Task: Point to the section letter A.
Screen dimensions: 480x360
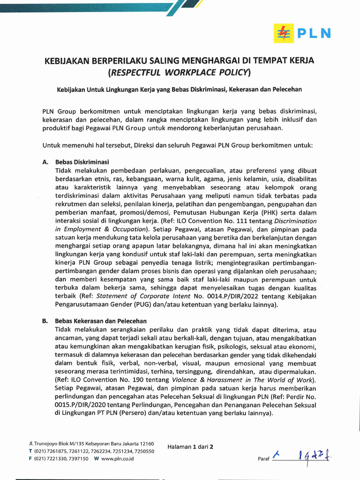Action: click(x=45, y=162)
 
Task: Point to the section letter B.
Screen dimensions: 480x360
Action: click(x=45, y=322)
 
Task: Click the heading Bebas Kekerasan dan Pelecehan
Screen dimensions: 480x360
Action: click(x=101, y=322)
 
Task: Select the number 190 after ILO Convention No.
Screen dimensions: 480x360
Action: click(x=133, y=380)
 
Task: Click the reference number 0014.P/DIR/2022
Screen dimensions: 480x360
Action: click(x=226, y=297)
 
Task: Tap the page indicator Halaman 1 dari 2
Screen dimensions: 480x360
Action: click(x=190, y=447)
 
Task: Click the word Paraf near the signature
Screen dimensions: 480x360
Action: click(x=263, y=459)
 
